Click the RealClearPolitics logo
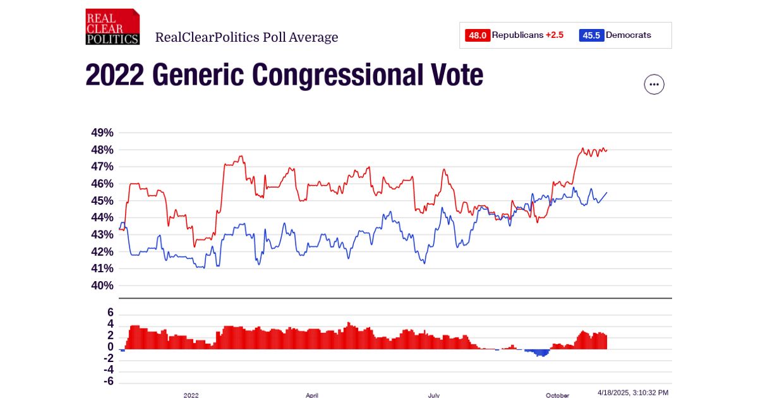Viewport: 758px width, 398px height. coord(112,27)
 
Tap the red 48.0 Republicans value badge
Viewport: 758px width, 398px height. coord(478,35)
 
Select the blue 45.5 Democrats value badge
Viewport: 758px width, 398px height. coord(591,35)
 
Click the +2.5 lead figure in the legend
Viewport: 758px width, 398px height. coord(555,35)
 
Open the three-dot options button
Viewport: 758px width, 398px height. coord(654,84)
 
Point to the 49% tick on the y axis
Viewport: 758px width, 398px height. coord(102,133)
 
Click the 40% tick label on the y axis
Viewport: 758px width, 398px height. coord(102,286)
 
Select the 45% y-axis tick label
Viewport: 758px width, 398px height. coord(102,201)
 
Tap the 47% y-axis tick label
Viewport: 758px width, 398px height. coord(102,167)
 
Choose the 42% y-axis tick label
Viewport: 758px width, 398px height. coord(102,251)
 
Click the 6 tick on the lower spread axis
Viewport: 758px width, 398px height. coord(110,313)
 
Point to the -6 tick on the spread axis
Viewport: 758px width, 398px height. coord(108,382)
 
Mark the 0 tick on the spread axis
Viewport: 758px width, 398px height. coord(110,347)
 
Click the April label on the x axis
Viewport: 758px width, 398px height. coord(312,395)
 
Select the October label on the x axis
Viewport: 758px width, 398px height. coord(557,395)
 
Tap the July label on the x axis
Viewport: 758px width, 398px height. coord(434,395)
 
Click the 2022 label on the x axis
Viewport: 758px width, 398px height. coord(191,395)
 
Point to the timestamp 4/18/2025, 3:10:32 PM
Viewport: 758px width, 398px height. coord(632,393)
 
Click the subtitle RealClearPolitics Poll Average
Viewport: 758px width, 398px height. coord(246,37)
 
